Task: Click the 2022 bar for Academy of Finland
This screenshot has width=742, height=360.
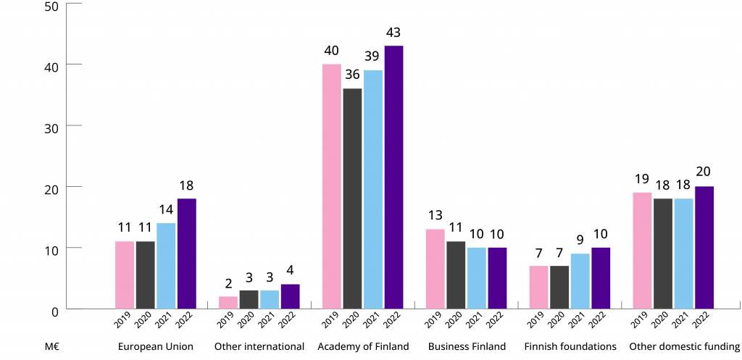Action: point(393,177)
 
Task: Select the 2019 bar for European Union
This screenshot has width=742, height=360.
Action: point(124,275)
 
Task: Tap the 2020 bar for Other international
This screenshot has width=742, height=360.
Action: point(249,299)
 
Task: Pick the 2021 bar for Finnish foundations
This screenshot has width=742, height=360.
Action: point(580,281)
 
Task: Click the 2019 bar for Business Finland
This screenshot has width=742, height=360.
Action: point(435,269)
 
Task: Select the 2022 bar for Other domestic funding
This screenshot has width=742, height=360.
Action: point(704,248)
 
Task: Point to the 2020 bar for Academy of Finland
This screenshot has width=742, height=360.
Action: point(352,198)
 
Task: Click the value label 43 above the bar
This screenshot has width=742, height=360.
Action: point(393,33)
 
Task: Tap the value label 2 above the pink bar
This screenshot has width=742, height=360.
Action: point(228,283)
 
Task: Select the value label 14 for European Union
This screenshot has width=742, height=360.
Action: point(166,210)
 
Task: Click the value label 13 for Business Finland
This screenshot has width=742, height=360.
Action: point(435,216)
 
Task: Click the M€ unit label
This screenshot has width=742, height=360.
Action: point(51,347)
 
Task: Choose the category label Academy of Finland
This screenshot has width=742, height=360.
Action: point(363,347)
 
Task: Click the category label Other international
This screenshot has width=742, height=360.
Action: point(259,347)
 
